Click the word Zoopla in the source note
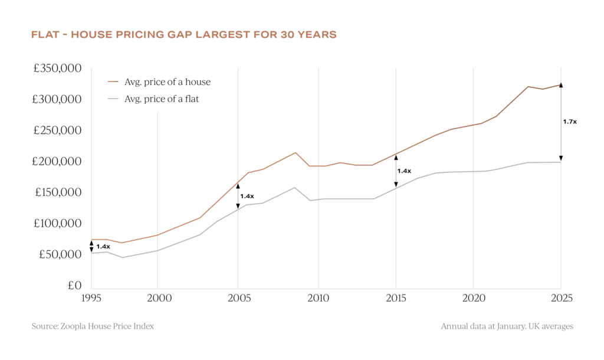(73, 326)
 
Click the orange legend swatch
(113, 81)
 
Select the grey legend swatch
(113, 99)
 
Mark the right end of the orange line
(560, 85)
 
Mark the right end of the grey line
(560, 162)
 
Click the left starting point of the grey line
(92, 253)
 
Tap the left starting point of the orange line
(92, 240)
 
